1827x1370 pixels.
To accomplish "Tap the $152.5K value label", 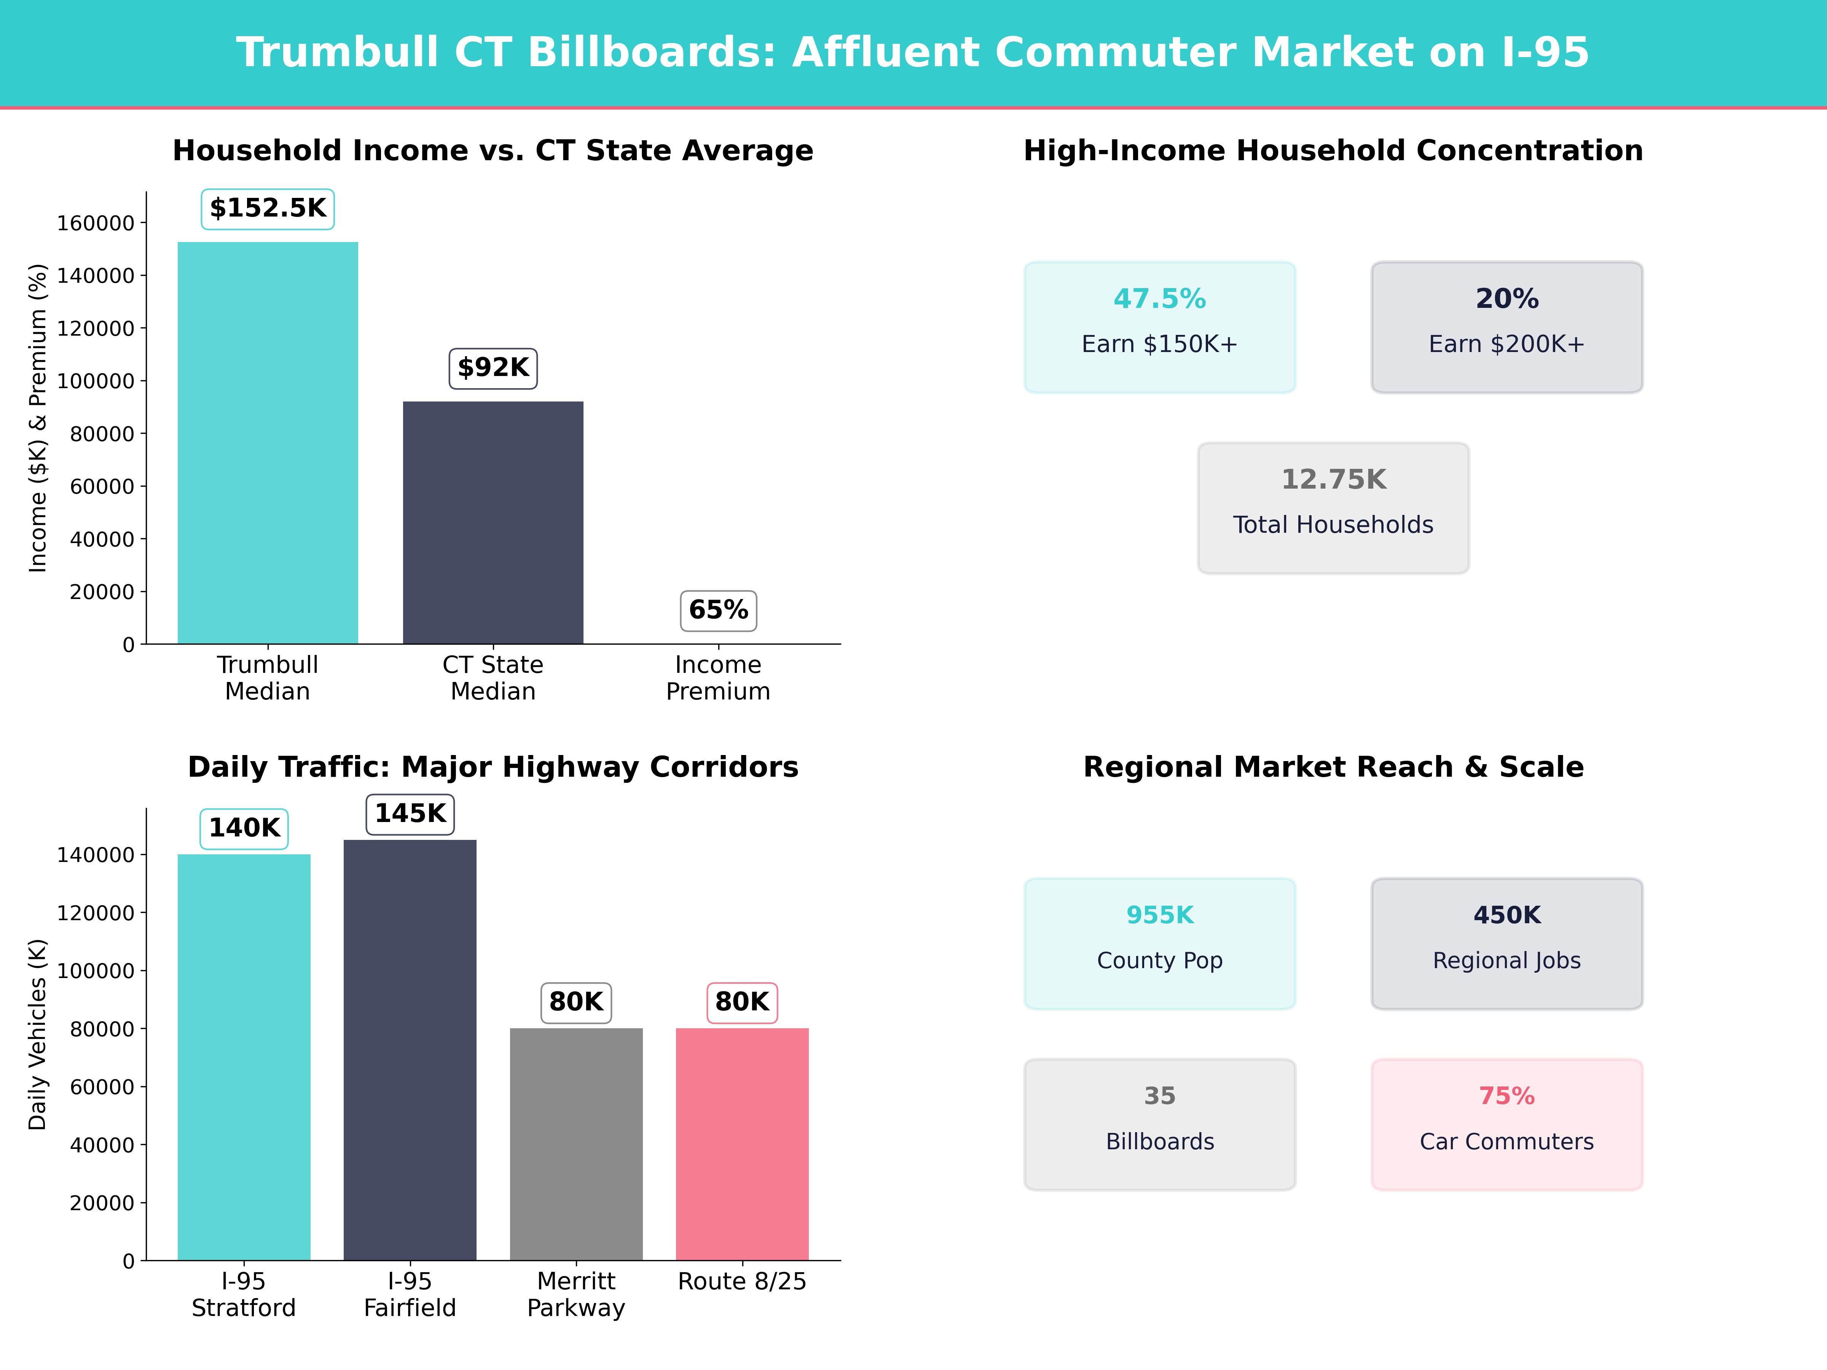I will pos(268,208).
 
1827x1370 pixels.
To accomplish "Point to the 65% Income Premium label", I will pos(718,610).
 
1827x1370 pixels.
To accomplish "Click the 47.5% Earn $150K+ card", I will pos(1160,327).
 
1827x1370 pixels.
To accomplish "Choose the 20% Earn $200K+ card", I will pos(1507,327).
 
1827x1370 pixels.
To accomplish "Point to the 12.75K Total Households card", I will pos(1333,508).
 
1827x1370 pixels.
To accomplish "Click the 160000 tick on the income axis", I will pos(95,223).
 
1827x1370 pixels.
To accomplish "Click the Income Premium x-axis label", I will pos(718,678).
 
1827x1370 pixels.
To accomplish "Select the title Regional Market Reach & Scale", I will pos(1333,767).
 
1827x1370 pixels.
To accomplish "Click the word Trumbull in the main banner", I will pos(337,53).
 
